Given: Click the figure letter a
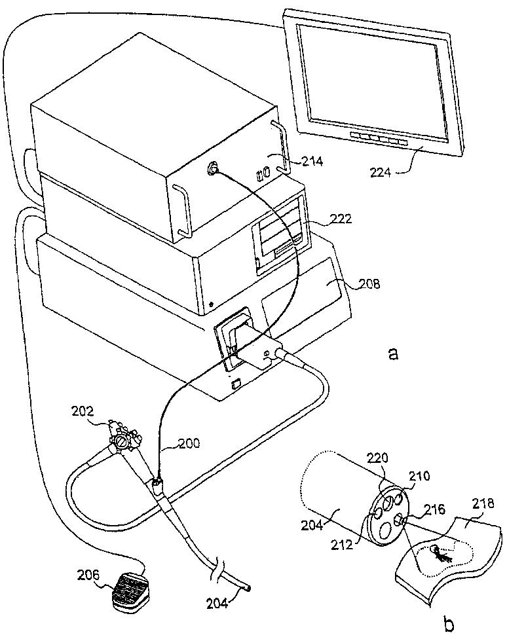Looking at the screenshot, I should [x=393, y=354].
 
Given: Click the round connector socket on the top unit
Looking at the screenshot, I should [x=214, y=170].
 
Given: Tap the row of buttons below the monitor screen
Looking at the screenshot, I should [x=378, y=139].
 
